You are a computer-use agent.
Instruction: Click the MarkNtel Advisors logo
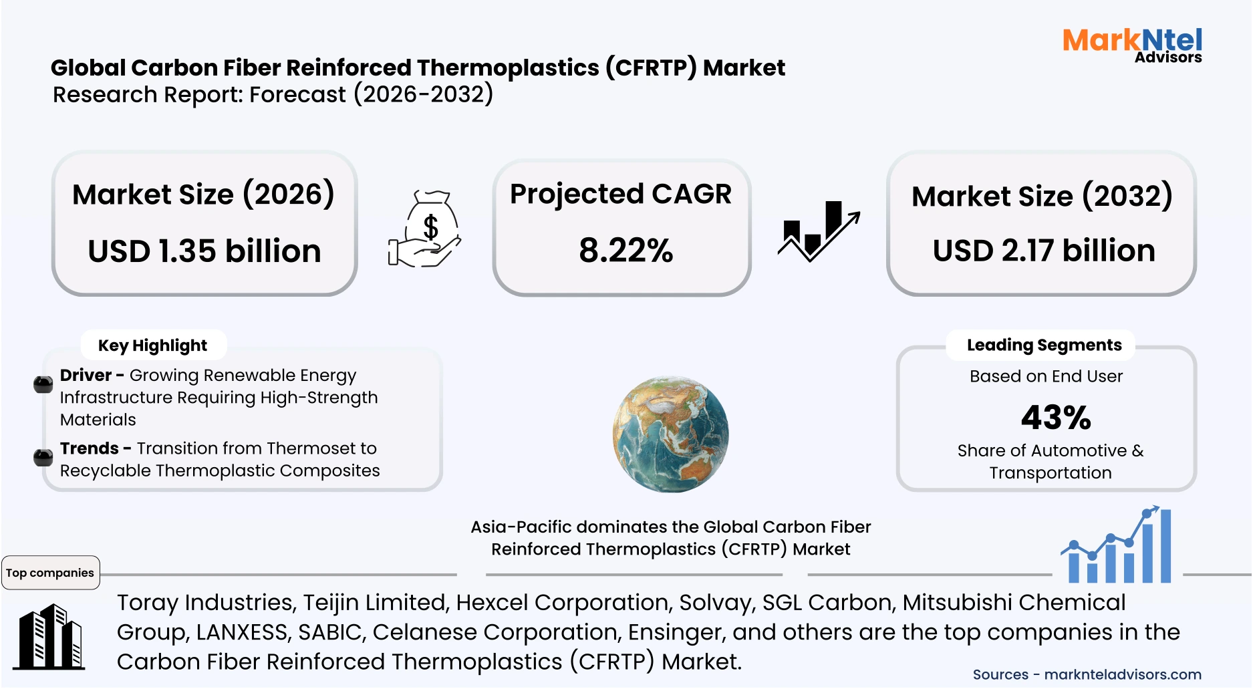(1132, 45)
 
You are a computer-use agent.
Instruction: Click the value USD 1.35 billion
(204, 251)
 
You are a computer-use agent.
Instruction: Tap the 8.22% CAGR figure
(625, 251)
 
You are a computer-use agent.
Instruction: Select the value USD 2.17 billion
(1044, 251)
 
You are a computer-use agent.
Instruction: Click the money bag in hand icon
(426, 229)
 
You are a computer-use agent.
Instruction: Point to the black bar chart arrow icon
(818, 231)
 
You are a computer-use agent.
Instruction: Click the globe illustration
(670, 434)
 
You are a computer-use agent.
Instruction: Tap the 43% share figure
(1056, 418)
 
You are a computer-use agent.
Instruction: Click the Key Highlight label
(152, 346)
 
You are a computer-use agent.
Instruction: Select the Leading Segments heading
(1044, 345)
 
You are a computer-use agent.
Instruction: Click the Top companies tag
(50, 573)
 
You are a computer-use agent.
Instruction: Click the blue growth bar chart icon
(1117, 545)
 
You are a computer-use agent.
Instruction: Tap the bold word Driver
(86, 375)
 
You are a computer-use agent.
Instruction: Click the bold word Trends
(90, 448)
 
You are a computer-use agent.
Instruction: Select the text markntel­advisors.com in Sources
(1123, 674)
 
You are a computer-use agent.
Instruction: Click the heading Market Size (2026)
(203, 194)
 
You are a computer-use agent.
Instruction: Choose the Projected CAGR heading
(620, 194)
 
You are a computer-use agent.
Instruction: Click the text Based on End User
(1046, 376)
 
